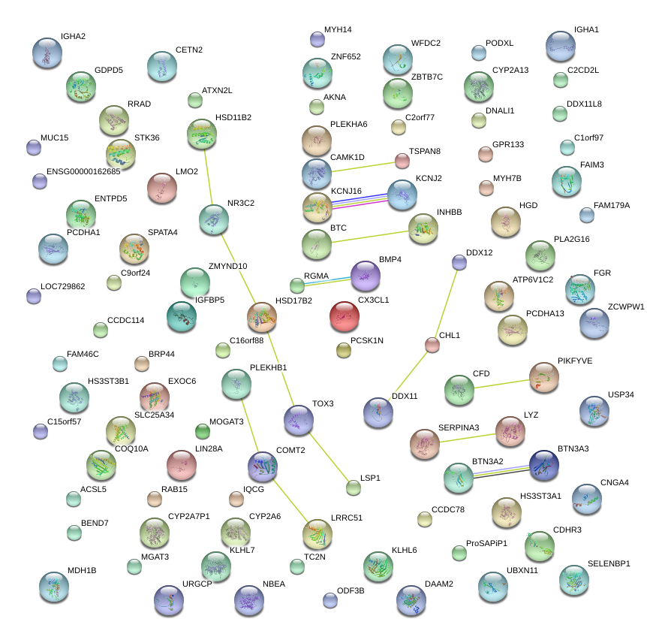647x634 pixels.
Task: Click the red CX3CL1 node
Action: (344, 317)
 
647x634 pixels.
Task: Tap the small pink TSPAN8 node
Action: (402, 161)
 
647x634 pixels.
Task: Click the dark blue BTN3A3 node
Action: (543, 466)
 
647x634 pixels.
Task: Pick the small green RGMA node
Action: (297, 285)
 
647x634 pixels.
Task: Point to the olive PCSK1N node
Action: (344, 349)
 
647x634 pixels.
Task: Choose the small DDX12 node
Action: (459, 262)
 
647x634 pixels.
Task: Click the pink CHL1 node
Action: (432, 345)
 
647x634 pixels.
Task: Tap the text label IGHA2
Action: (73, 36)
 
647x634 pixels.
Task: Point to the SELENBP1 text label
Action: (609, 563)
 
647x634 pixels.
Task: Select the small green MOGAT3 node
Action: (203, 431)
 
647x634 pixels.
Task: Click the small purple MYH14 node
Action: (317, 39)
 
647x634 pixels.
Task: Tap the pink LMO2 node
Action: (162, 189)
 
